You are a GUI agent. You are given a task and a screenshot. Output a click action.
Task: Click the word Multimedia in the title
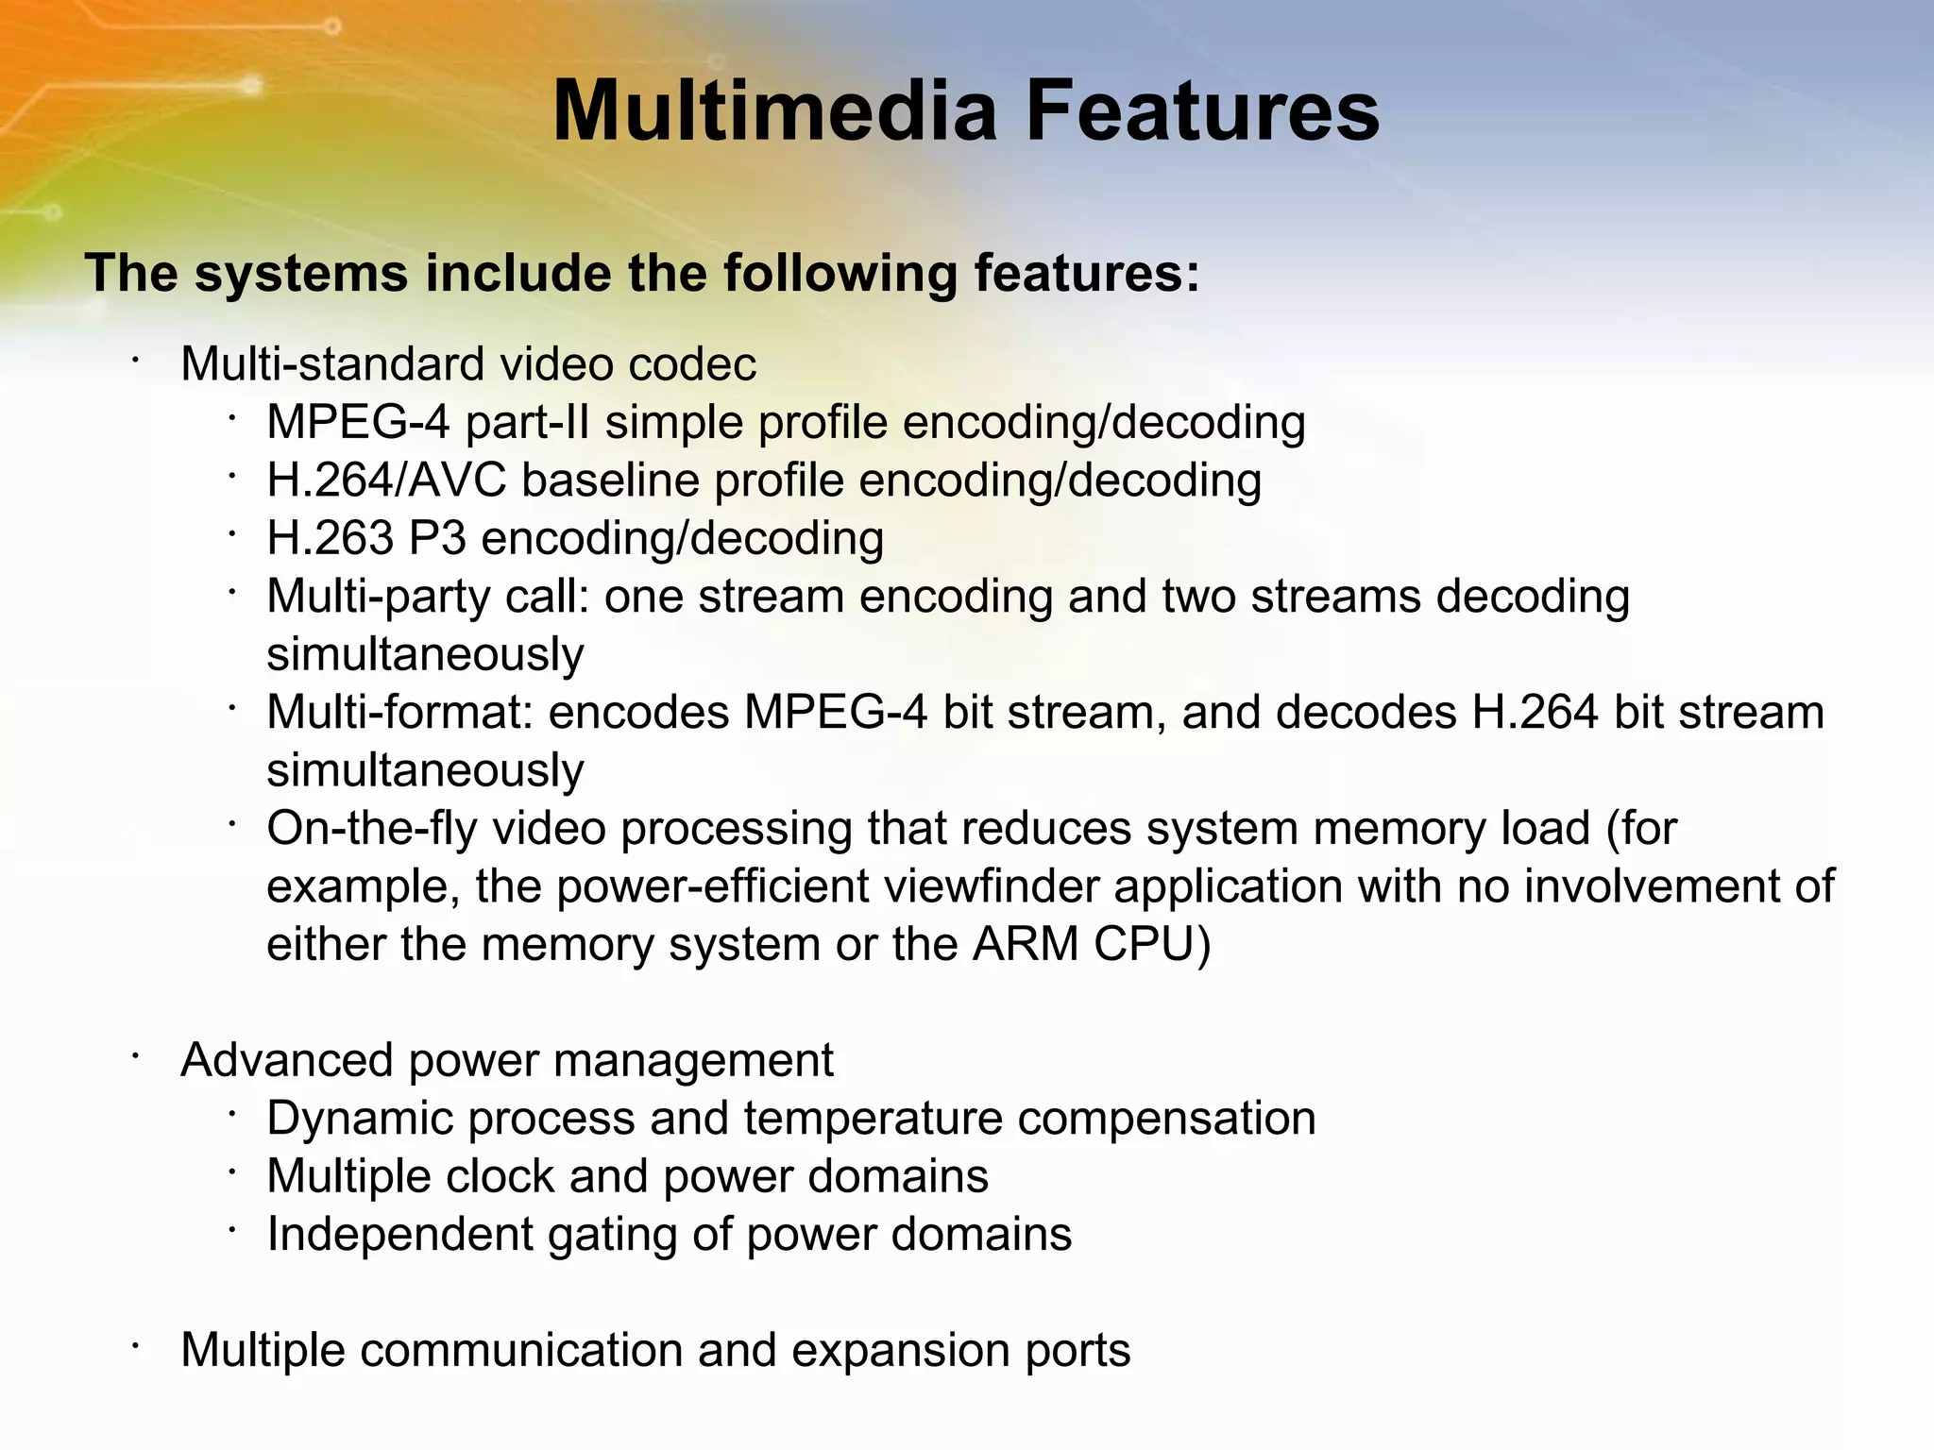click(774, 111)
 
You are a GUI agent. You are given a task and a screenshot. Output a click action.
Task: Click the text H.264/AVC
click(386, 481)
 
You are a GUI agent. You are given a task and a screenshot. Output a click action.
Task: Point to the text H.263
click(330, 538)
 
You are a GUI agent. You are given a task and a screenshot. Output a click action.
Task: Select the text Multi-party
click(378, 597)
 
